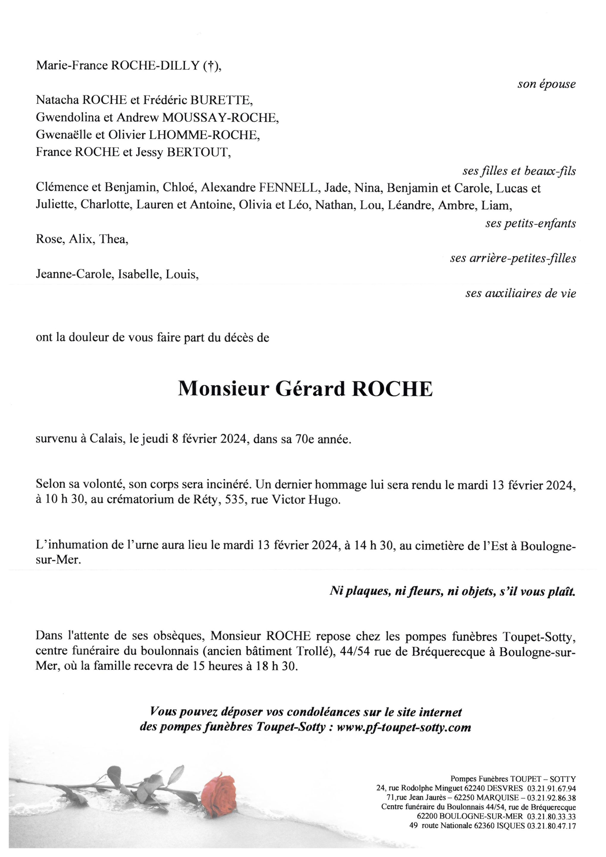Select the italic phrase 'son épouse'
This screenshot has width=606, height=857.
546,84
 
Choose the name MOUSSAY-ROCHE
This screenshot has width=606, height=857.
220,118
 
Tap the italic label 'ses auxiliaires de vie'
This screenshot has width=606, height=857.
520,293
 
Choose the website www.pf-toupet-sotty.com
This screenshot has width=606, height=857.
404,728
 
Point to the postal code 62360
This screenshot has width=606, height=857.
484,826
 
